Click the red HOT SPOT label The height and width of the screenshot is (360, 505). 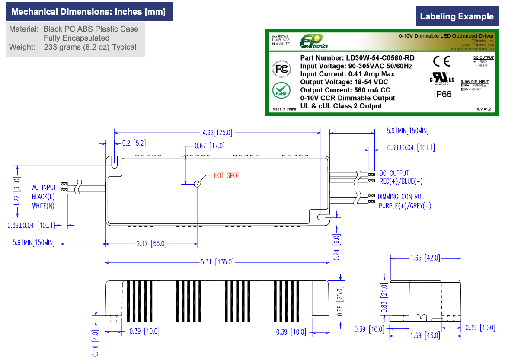(x=227, y=175)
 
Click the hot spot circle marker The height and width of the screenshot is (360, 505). (x=197, y=184)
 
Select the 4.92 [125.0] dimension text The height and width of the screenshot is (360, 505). (x=217, y=133)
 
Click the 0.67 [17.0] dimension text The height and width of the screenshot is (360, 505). (x=210, y=146)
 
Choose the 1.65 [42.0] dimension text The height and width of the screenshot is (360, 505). (x=425, y=258)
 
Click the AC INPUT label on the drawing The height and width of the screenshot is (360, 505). (x=44, y=188)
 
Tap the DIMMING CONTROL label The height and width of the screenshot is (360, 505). (x=401, y=197)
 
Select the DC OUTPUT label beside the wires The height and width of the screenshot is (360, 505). (x=394, y=173)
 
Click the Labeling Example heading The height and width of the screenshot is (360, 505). (x=457, y=17)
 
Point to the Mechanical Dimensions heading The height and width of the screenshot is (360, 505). (x=89, y=12)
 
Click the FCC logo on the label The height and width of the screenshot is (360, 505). (x=282, y=70)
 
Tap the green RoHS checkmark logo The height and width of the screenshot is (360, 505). (x=281, y=91)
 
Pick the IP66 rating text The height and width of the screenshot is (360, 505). (x=442, y=94)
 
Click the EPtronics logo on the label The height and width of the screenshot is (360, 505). (x=314, y=41)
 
